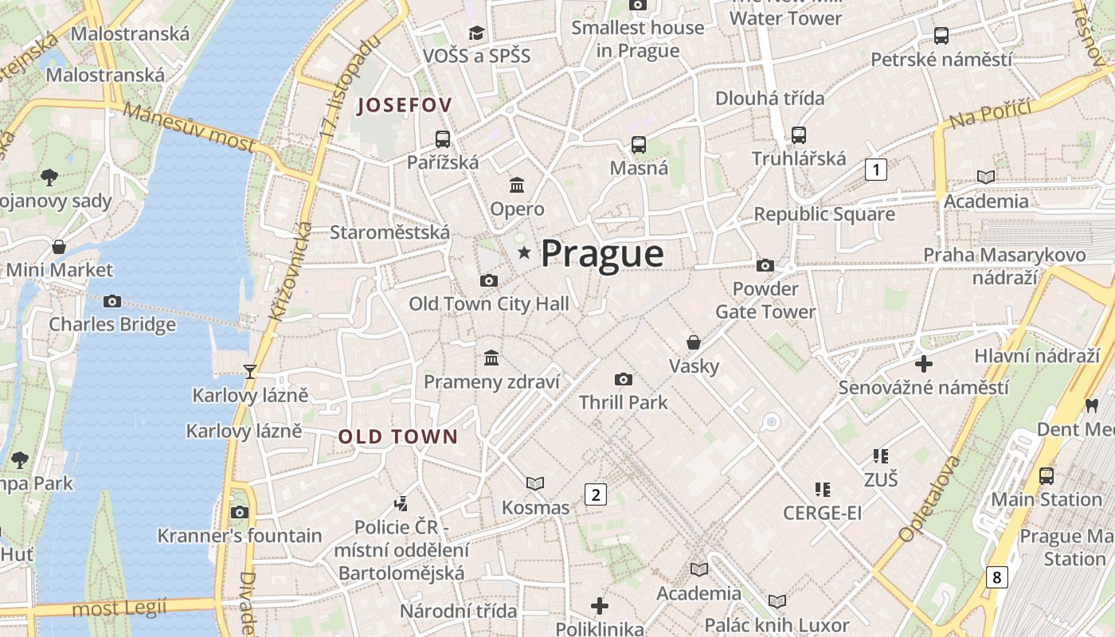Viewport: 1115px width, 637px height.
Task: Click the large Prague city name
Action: coord(602,254)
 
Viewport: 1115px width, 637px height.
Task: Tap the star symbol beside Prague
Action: coord(524,253)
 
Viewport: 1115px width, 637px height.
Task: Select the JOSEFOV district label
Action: coord(405,105)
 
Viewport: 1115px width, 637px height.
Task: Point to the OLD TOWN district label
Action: coord(398,436)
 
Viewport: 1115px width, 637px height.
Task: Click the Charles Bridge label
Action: coord(112,324)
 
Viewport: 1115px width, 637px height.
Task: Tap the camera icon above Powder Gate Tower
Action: coord(765,265)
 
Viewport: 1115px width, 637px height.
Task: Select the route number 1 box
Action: coord(876,169)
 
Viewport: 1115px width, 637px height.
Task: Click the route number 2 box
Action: coord(595,494)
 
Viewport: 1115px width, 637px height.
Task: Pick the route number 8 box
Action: coord(996,576)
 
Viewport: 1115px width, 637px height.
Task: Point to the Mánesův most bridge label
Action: coord(190,127)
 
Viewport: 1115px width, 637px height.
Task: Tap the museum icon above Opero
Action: coord(517,186)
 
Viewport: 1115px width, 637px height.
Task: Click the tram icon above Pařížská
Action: coord(443,139)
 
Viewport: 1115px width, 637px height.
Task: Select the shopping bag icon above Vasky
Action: coord(694,342)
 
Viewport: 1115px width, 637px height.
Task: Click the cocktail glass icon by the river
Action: coord(250,371)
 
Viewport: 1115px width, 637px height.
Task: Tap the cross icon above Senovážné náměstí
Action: coord(924,365)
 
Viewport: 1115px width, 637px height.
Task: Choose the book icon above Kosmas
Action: coord(535,483)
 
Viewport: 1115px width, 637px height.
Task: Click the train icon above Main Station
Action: coord(1047,476)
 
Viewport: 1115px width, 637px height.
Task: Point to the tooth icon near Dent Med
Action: coord(1092,405)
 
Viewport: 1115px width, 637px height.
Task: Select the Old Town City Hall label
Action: coord(489,303)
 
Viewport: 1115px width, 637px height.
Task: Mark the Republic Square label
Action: coord(824,214)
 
